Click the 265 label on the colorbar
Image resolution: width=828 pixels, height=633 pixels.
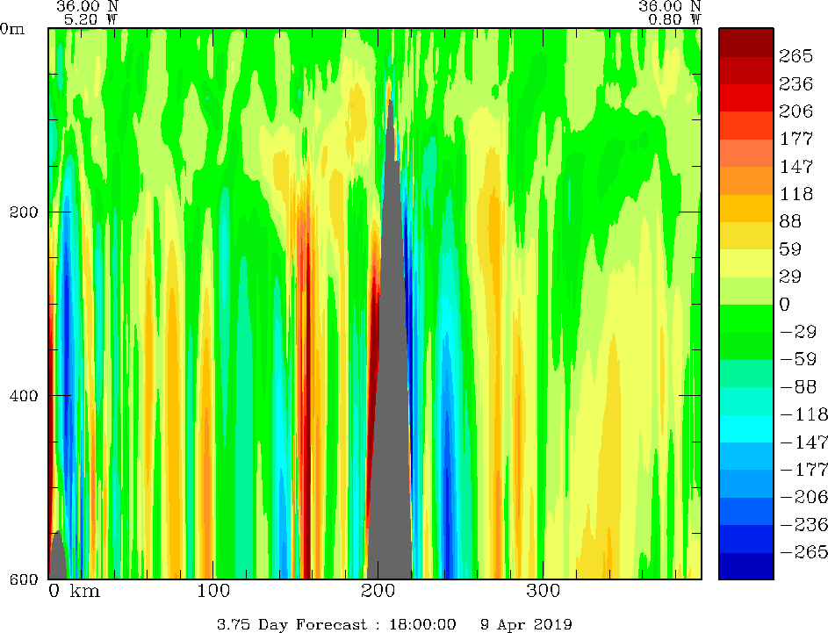tap(796, 55)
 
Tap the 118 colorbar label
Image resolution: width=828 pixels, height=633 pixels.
tap(796, 193)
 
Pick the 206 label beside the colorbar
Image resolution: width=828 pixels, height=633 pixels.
tap(796, 111)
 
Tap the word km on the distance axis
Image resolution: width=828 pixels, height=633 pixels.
tap(84, 592)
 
